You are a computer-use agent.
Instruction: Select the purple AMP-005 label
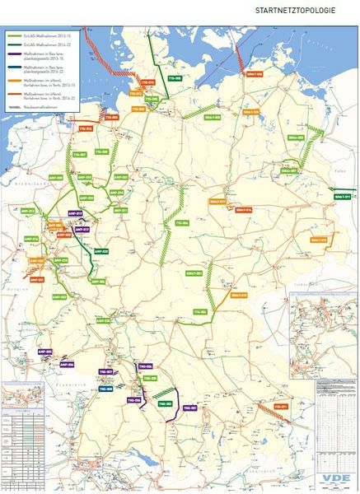click(x=46, y=352)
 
